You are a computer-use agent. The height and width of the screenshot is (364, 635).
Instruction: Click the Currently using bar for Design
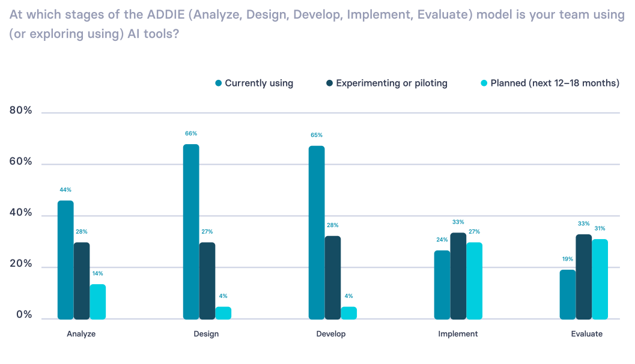coord(191,232)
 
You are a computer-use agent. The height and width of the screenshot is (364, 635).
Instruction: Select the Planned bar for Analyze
coord(98,302)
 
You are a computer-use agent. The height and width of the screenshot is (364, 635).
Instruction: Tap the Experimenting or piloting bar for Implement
coord(458,276)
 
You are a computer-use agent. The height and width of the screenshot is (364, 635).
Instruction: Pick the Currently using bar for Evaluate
coord(568,294)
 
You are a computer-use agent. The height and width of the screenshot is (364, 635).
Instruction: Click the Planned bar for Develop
coord(349,313)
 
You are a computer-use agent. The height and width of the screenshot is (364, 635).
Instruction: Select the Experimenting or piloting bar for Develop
coord(333,278)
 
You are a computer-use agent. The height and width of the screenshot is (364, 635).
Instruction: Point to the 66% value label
coord(191,133)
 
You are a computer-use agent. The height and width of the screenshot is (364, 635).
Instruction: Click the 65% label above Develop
coord(317,135)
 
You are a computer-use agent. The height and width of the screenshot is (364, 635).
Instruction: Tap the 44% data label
coord(65,190)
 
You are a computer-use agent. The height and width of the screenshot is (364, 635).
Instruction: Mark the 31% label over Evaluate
coord(600,228)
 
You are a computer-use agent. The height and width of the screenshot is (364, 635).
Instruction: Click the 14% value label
coord(97,273)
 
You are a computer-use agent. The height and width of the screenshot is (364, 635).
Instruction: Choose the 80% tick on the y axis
coord(20,111)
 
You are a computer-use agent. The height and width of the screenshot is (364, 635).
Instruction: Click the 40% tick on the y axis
coord(20,213)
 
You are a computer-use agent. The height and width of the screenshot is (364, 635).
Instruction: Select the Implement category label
coord(458,334)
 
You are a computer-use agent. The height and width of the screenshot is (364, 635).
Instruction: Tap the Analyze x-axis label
coord(81,334)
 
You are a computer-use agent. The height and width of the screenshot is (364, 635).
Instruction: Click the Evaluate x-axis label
coord(586,334)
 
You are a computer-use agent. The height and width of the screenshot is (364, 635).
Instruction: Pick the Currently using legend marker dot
coord(219,83)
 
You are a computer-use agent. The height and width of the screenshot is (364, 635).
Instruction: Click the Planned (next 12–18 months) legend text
coord(554,83)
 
